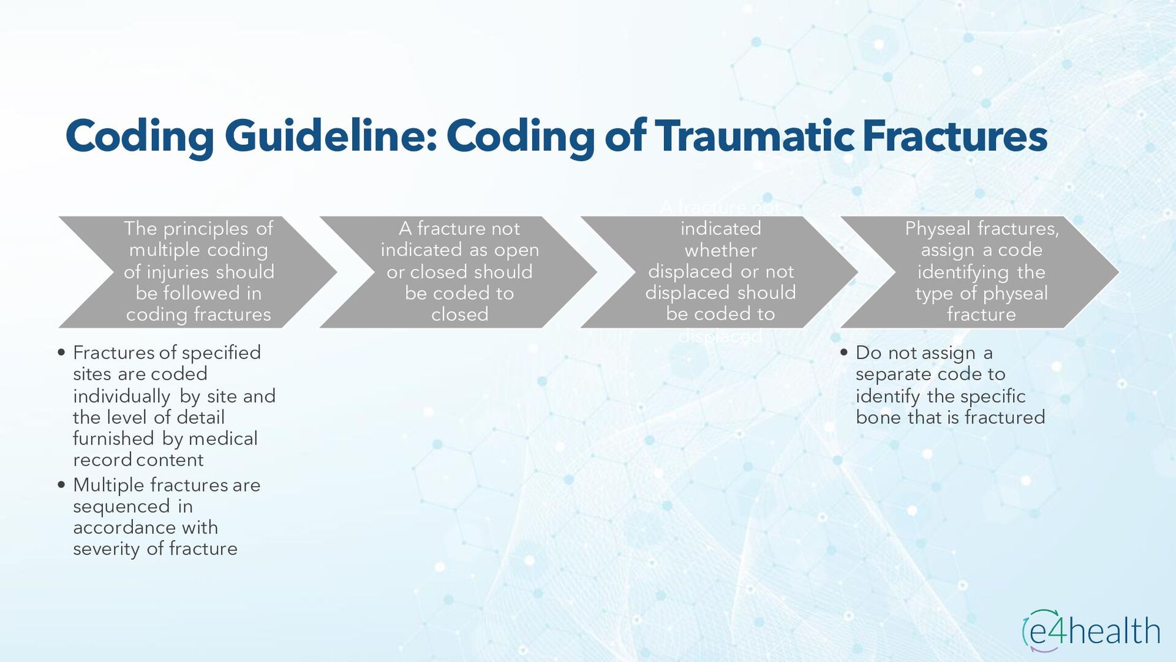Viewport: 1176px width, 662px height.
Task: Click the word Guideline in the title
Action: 330,136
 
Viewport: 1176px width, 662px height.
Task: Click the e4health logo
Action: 1091,631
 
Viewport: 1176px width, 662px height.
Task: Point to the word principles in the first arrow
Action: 206,229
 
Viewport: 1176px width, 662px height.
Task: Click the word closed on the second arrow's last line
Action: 459,314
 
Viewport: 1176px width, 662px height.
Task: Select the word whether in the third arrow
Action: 720,250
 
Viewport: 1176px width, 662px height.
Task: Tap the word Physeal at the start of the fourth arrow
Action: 938,229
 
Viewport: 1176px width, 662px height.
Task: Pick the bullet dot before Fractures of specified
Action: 61,352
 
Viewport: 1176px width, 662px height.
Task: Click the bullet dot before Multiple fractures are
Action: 61,485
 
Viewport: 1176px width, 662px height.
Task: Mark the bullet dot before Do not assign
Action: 844,352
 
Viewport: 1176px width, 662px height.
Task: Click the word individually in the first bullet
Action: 121,397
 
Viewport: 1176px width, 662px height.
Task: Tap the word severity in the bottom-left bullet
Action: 107,549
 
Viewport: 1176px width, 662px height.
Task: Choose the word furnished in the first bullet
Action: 113,439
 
